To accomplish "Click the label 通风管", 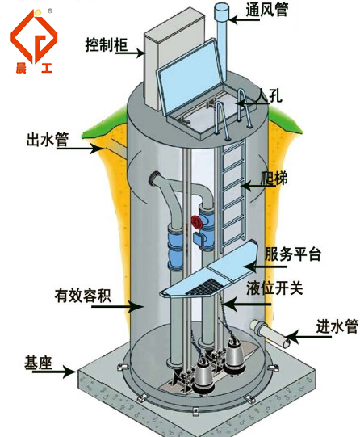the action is pos(266,11).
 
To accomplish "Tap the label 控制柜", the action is pos(106,44).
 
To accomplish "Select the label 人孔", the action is pos(269,95).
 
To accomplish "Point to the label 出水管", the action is pos(48,139).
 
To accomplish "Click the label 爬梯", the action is pos(274,179).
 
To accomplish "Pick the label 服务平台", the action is pos(292,254).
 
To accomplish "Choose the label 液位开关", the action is pos(274,288).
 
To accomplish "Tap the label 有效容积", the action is pos(82,296).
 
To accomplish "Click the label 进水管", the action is pos(337,326).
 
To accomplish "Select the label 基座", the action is pos(38,363).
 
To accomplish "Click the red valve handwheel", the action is pos(197,222).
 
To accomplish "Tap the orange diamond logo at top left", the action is pos(34,36).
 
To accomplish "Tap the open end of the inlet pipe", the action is pos(287,342).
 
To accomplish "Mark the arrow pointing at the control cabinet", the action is pos(129,53).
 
